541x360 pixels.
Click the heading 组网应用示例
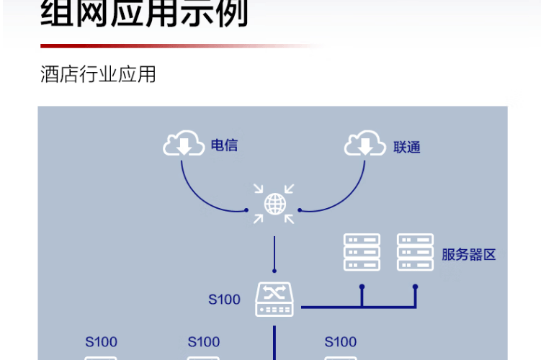click(144, 13)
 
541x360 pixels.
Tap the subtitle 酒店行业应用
click(98, 73)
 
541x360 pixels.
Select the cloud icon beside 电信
click(184, 143)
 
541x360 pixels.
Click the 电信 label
click(224, 145)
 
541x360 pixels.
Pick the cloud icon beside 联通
click(365, 143)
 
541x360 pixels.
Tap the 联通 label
click(407, 148)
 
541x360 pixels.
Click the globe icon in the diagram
click(274, 204)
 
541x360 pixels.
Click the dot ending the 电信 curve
click(246, 210)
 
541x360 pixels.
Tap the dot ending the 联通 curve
click(300, 210)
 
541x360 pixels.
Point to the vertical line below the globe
click(274, 254)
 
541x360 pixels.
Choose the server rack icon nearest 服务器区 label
click(415, 252)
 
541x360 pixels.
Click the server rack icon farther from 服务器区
click(362, 252)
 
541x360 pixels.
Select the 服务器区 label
click(468, 255)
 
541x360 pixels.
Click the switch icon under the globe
click(274, 300)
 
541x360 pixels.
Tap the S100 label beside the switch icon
click(224, 300)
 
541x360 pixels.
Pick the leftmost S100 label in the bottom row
click(101, 342)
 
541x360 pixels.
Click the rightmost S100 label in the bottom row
click(341, 342)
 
